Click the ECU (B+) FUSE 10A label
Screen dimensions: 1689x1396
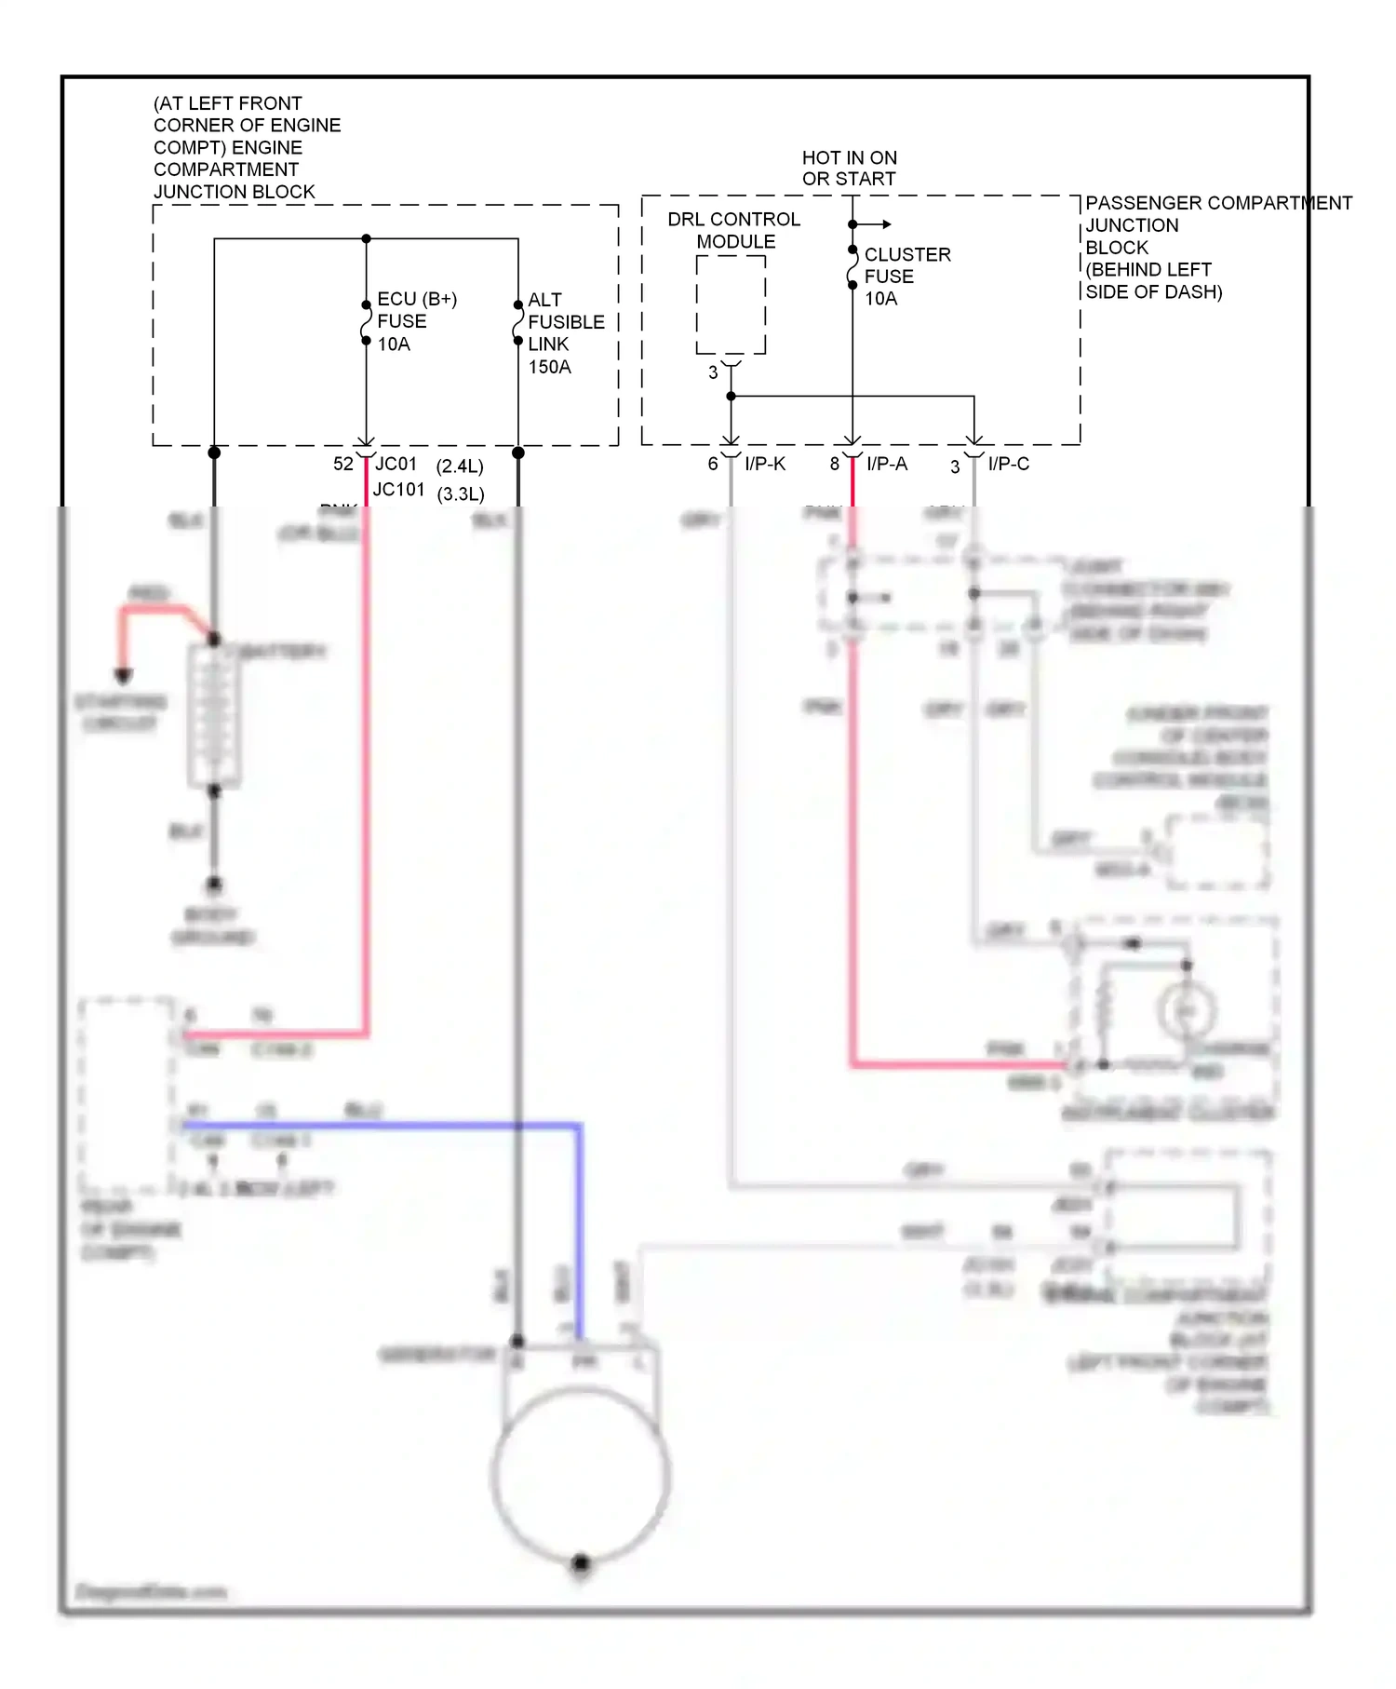(415, 321)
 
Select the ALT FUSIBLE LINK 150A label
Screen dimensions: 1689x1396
(565, 332)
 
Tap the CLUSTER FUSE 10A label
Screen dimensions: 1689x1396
(906, 276)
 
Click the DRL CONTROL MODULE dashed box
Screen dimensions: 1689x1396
(731, 304)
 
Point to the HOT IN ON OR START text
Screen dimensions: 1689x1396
(849, 169)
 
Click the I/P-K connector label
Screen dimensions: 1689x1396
(765, 464)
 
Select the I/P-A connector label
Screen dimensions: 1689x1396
(886, 464)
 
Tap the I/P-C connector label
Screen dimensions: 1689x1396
(1008, 464)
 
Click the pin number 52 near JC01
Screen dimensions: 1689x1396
(342, 464)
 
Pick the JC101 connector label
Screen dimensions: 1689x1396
(398, 490)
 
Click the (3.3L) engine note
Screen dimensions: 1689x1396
(461, 493)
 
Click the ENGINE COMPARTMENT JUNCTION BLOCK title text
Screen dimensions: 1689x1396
(247, 147)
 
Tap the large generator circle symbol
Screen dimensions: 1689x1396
(580, 1473)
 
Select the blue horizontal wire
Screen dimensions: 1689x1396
(382, 1126)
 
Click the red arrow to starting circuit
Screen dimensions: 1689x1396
(123, 675)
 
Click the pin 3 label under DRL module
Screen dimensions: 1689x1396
(713, 372)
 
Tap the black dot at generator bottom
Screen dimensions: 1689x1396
(581, 1562)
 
